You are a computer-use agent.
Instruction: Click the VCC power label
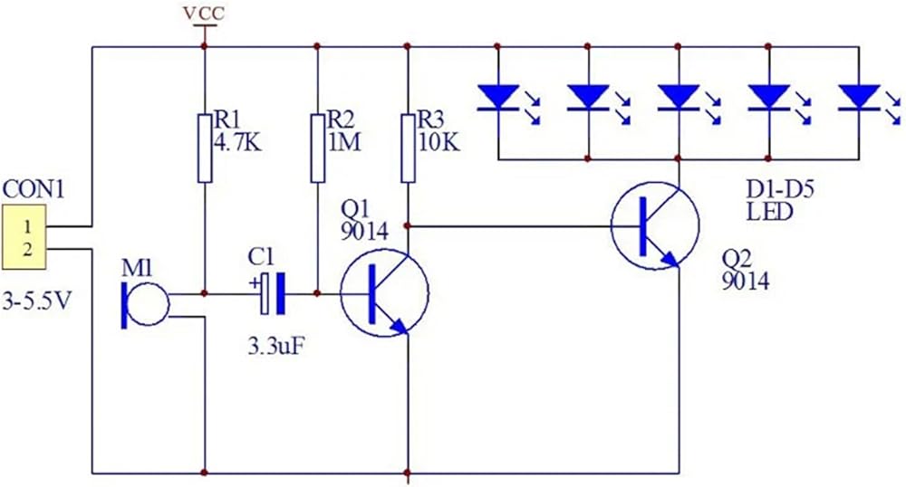[x=203, y=13]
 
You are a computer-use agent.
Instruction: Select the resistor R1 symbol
[x=205, y=148]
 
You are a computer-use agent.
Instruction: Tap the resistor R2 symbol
[x=317, y=148]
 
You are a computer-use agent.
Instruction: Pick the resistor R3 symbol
[x=408, y=148]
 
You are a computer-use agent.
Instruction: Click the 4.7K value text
[x=236, y=142]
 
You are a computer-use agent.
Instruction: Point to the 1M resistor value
[x=343, y=142]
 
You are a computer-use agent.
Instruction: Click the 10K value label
[x=439, y=142]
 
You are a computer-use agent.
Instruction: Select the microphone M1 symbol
[x=144, y=304]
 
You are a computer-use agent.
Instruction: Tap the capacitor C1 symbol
[x=272, y=293]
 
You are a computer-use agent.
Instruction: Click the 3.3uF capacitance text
[x=276, y=347]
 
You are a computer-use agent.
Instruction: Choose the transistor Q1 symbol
[x=384, y=293]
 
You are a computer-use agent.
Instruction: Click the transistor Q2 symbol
[x=655, y=225]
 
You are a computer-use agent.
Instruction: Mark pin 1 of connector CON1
[x=26, y=226]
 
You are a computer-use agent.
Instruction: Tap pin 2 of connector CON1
[x=26, y=249]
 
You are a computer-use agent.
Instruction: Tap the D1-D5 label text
[x=780, y=188]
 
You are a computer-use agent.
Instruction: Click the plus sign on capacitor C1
[x=253, y=283]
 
